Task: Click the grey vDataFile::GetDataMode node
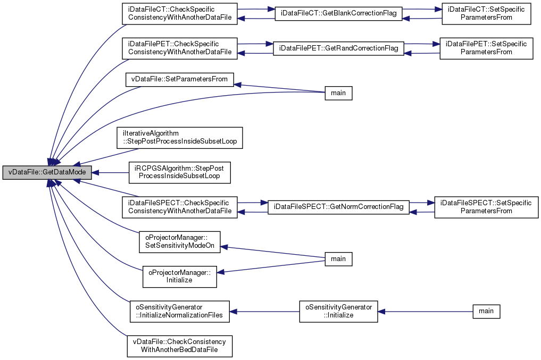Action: pyautogui.click(x=47, y=172)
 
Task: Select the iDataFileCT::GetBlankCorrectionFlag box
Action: pyautogui.click(x=338, y=14)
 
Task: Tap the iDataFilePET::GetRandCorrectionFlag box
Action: pyautogui.click(x=338, y=48)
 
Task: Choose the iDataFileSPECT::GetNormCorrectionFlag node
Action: pyautogui.click(x=338, y=207)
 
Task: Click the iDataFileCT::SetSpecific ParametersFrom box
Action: pyautogui.click(x=486, y=14)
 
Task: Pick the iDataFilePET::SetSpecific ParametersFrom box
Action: pyautogui.click(x=486, y=48)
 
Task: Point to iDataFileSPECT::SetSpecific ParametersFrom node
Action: pyautogui.click(x=486, y=207)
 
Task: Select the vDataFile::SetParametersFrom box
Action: pyautogui.click(x=179, y=79)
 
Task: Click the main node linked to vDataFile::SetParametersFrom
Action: pyautogui.click(x=338, y=93)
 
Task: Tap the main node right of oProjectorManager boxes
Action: pyautogui.click(x=338, y=259)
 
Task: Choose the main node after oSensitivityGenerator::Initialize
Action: pyautogui.click(x=486, y=311)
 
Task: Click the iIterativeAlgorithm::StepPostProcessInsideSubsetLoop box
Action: pyautogui.click(x=179, y=138)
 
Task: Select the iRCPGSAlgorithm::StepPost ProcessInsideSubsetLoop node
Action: pyautogui.click(x=179, y=172)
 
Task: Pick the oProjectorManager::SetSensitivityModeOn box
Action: pyautogui.click(x=180, y=242)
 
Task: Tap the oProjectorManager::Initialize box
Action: pyautogui.click(x=180, y=277)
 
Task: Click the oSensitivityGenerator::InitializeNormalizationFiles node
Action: pyautogui.click(x=179, y=312)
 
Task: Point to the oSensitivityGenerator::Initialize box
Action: pyautogui.click(x=338, y=312)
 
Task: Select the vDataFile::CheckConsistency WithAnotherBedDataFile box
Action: pyautogui.click(x=179, y=346)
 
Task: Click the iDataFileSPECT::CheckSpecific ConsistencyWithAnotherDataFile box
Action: pyautogui.click(x=179, y=207)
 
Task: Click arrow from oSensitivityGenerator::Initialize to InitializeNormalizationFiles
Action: pyautogui.click(x=264, y=312)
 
